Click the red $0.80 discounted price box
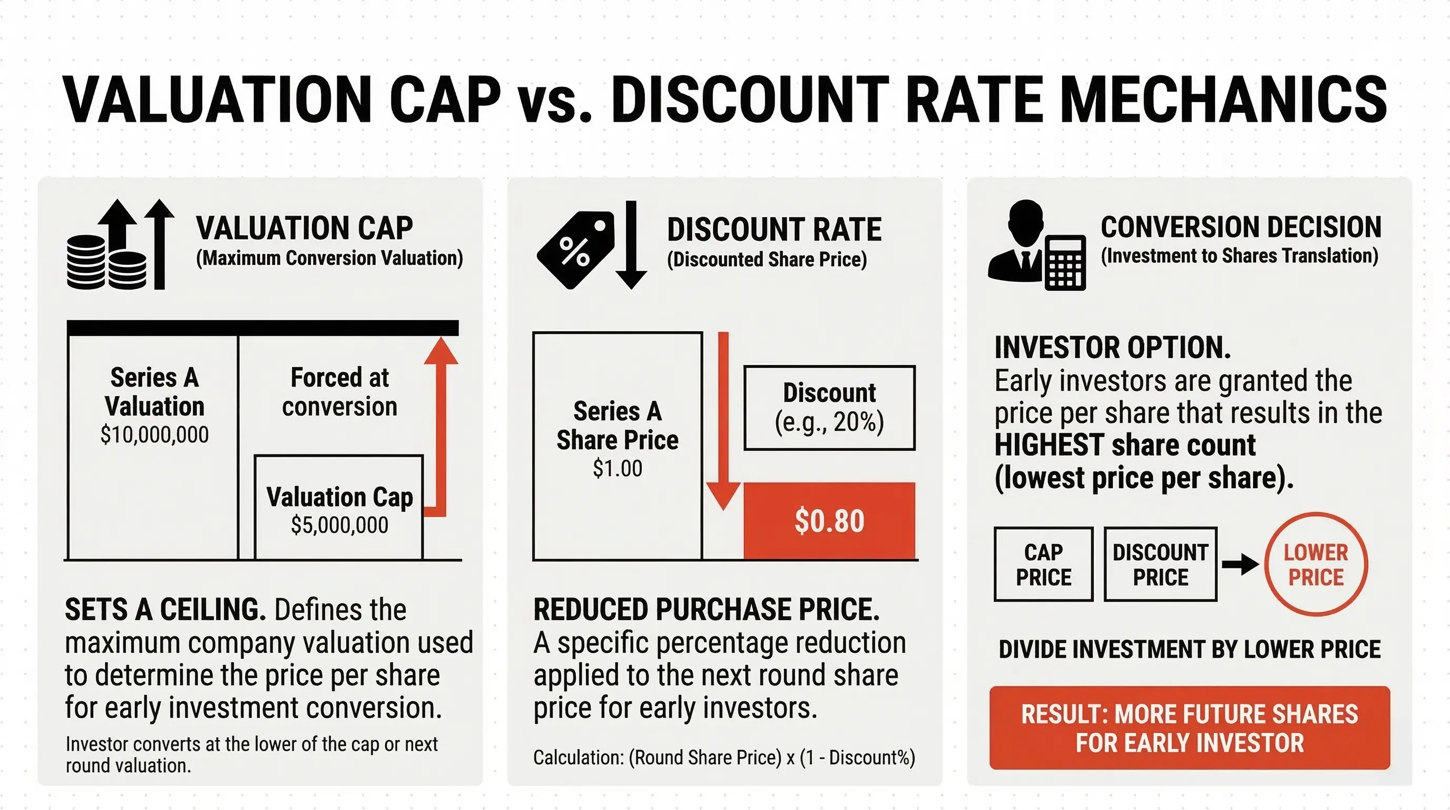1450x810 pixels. (x=829, y=520)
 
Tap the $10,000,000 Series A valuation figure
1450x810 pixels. (x=154, y=435)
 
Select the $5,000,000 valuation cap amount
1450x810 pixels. (x=339, y=525)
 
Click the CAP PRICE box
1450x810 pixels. (x=1043, y=564)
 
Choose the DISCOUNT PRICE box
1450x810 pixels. (x=1160, y=564)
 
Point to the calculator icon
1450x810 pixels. (x=1065, y=263)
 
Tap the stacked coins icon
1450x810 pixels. (x=106, y=263)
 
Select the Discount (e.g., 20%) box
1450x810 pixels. (x=829, y=408)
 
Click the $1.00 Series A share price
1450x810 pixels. (x=617, y=469)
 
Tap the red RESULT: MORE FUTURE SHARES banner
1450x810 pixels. (x=1189, y=728)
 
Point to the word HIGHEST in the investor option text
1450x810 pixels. (x=1049, y=446)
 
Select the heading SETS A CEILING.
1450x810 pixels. (x=165, y=610)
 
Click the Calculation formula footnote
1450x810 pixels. (x=724, y=758)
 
